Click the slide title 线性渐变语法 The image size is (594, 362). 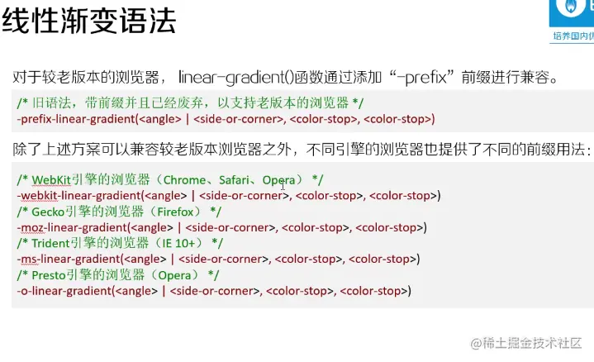pos(88,21)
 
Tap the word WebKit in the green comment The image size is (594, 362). pos(51,179)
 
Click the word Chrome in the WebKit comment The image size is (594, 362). pos(187,179)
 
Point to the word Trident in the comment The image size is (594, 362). pos(55,243)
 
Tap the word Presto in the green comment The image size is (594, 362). pos(52,274)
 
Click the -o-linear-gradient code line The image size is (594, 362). pos(214,291)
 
